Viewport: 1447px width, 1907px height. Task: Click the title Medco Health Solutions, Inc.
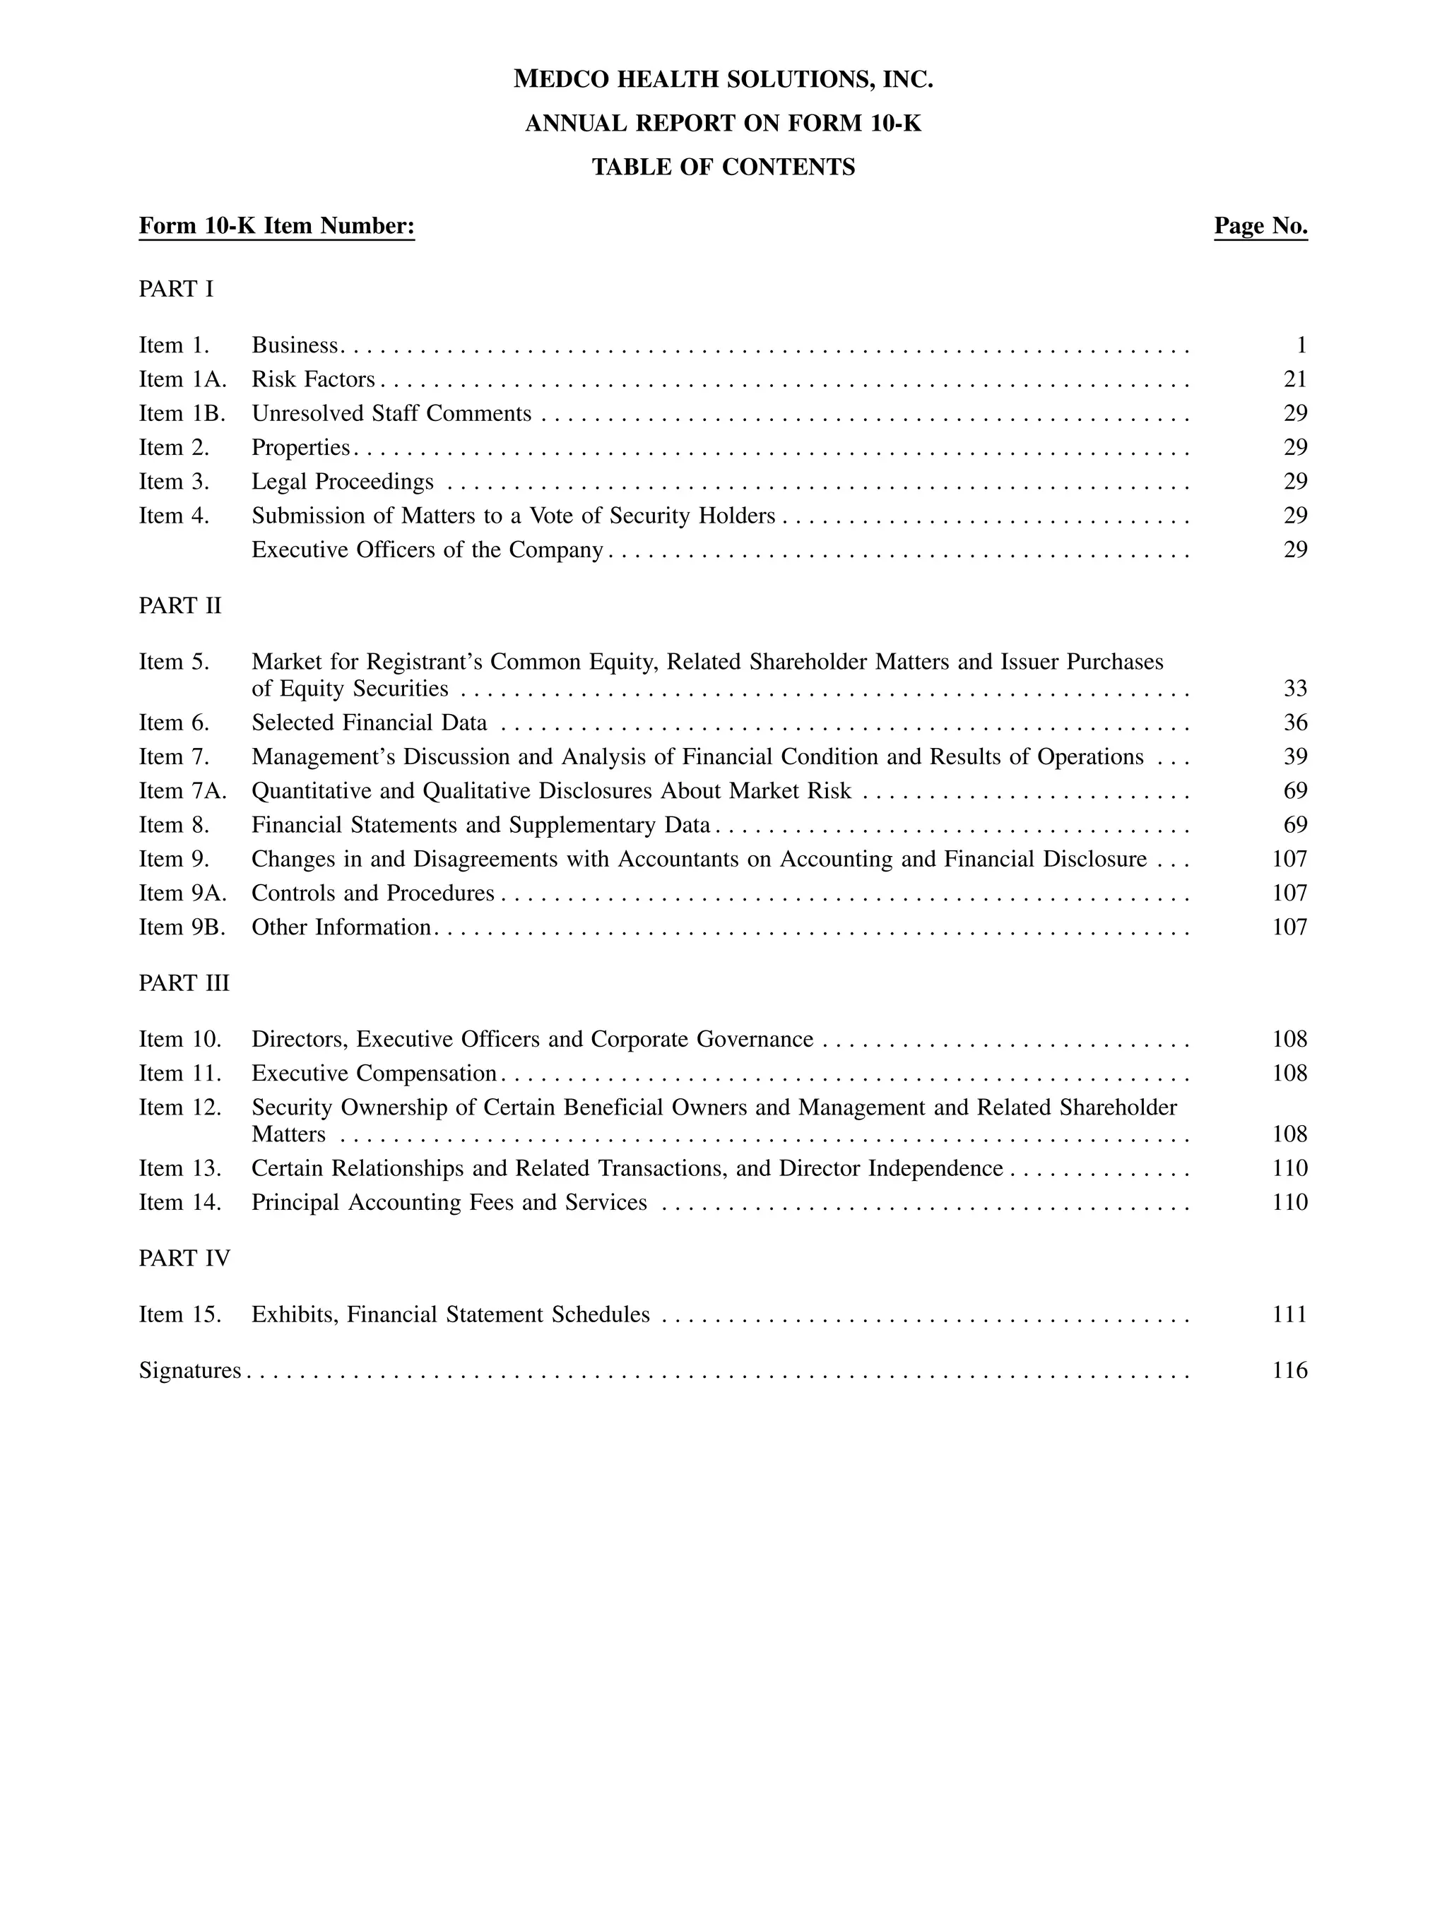pyautogui.click(x=723, y=79)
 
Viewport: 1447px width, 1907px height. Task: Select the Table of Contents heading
pyautogui.click(x=723, y=167)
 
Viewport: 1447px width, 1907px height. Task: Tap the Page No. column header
pyautogui.click(x=1260, y=226)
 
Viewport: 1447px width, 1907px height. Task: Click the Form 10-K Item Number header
pyautogui.click(x=277, y=226)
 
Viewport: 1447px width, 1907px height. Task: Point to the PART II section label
pyautogui.click(x=179, y=606)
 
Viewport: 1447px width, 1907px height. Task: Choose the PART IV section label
pyautogui.click(x=184, y=1258)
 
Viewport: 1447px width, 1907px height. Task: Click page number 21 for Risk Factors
pyautogui.click(x=1294, y=379)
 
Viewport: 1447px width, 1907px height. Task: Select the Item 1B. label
pyautogui.click(x=182, y=414)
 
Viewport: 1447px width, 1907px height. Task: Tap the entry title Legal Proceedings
pyautogui.click(x=343, y=481)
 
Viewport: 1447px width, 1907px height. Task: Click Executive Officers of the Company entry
pyautogui.click(x=427, y=550)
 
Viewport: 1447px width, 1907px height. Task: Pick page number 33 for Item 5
pyautogui.click(x=1294, y=688)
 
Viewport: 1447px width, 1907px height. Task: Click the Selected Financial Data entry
pyautogui.click(x=369, y=723)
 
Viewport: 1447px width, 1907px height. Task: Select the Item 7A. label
pyautogui.click(x=183, y=790)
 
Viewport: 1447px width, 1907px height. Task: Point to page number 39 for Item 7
pyautogui.click(x=1294, y=757)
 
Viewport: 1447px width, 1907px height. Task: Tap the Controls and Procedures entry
pyautogui.click(x=372, y=893)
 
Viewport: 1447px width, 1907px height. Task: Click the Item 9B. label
pyautogui.click(x=182, y=927)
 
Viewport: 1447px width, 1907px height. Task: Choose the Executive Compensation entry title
pyautogui.click(x=373, y=1074)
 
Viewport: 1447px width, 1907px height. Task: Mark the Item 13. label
pyautogui.click(x=179, y=1168)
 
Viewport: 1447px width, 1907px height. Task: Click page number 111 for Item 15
pyautogui.click(x=1289, y=1314)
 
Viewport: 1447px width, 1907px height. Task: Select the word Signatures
pyautogui.click(x=190, y=1370)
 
